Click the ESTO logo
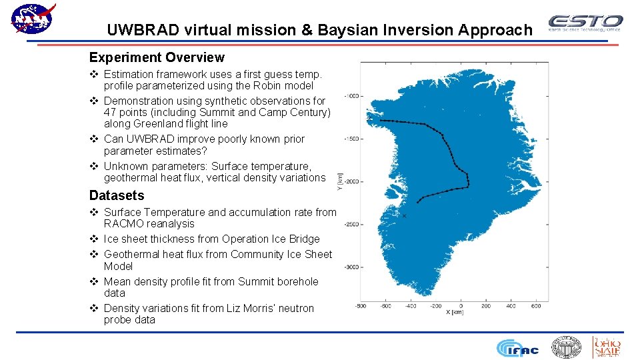(585, 23)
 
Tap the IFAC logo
(518, 347)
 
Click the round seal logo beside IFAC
(566, 347)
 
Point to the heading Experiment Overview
(157, 58)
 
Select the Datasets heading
(117, 195)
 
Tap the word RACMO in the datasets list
(126, 224)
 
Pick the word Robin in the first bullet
(273, 85)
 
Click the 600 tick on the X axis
(536, 306)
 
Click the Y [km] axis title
(340, 181)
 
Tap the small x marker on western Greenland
(404, 216)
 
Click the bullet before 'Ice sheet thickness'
(94, 239)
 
